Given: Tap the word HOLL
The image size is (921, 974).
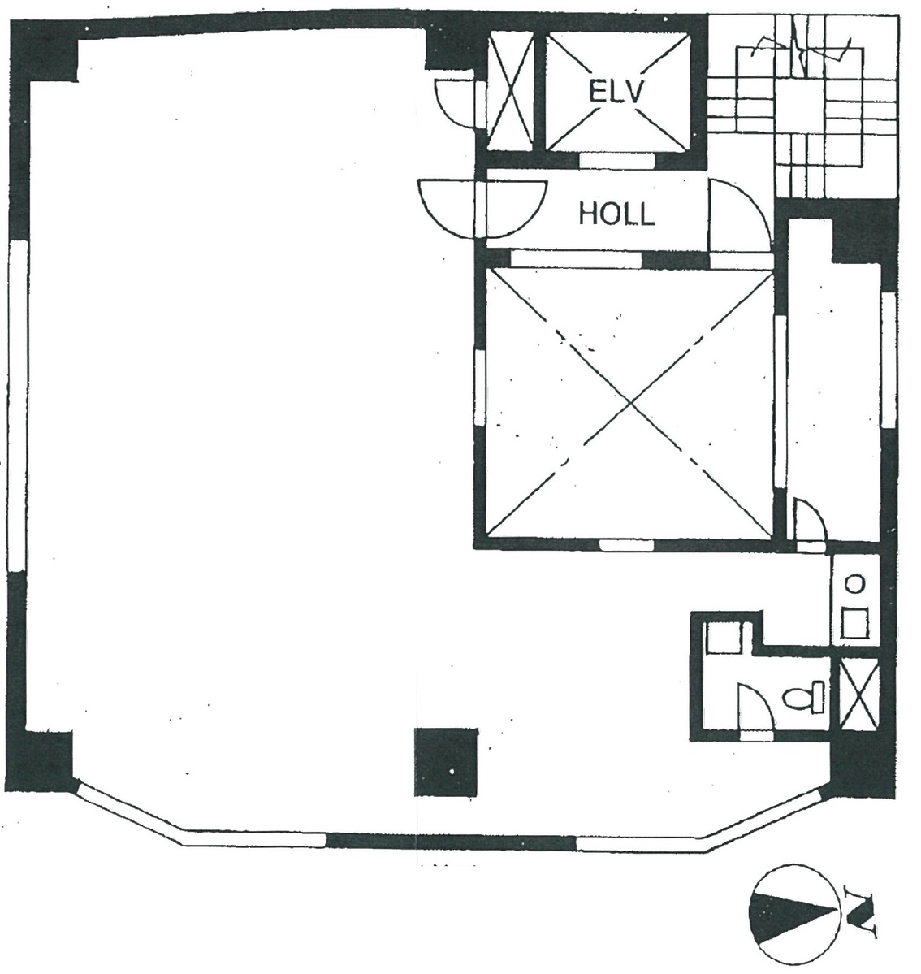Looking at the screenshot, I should [x=616, y=214].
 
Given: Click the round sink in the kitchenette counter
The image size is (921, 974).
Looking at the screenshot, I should [x=854, y=582].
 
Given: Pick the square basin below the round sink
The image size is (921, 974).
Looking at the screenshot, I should [x=854, y=622].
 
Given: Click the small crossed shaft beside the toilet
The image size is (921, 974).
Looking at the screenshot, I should [x=858, y=696].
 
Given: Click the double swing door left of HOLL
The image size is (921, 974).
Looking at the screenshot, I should [x=481, y=208].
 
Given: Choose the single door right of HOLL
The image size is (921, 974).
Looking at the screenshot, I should [x=736, y=216].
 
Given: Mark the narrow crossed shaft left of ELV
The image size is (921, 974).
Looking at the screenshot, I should [x=510, y=91].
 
